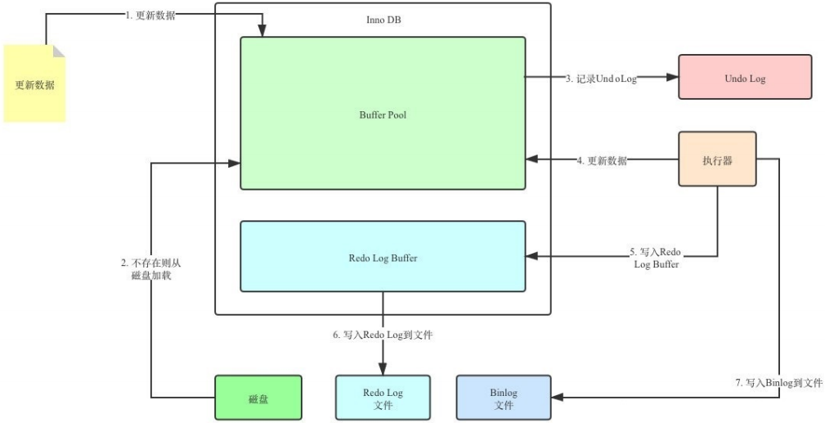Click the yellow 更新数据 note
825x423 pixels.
[x=34, y=83]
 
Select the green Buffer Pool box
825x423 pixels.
[x=383, y=114]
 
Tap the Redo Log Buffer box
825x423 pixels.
[x=383, y=257]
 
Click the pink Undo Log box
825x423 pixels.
[x=745, y=78]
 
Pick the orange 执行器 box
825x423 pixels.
[x=717, y=160]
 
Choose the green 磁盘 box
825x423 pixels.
[x=258, y=398]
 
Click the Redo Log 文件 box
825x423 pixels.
[x=383, y=398]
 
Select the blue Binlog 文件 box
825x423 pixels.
[x=503, y=398]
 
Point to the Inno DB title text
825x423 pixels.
[x=382, y=19]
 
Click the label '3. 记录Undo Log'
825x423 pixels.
[x=602, y=79]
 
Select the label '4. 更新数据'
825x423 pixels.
[x=602, y=160]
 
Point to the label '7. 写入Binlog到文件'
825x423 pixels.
[x=778, y=382]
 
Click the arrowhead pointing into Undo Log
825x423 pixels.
[x=673, y=78]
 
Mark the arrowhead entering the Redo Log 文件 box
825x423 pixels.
[x=383, y=370]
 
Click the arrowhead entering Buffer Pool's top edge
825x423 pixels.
[x=262, y=32]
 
